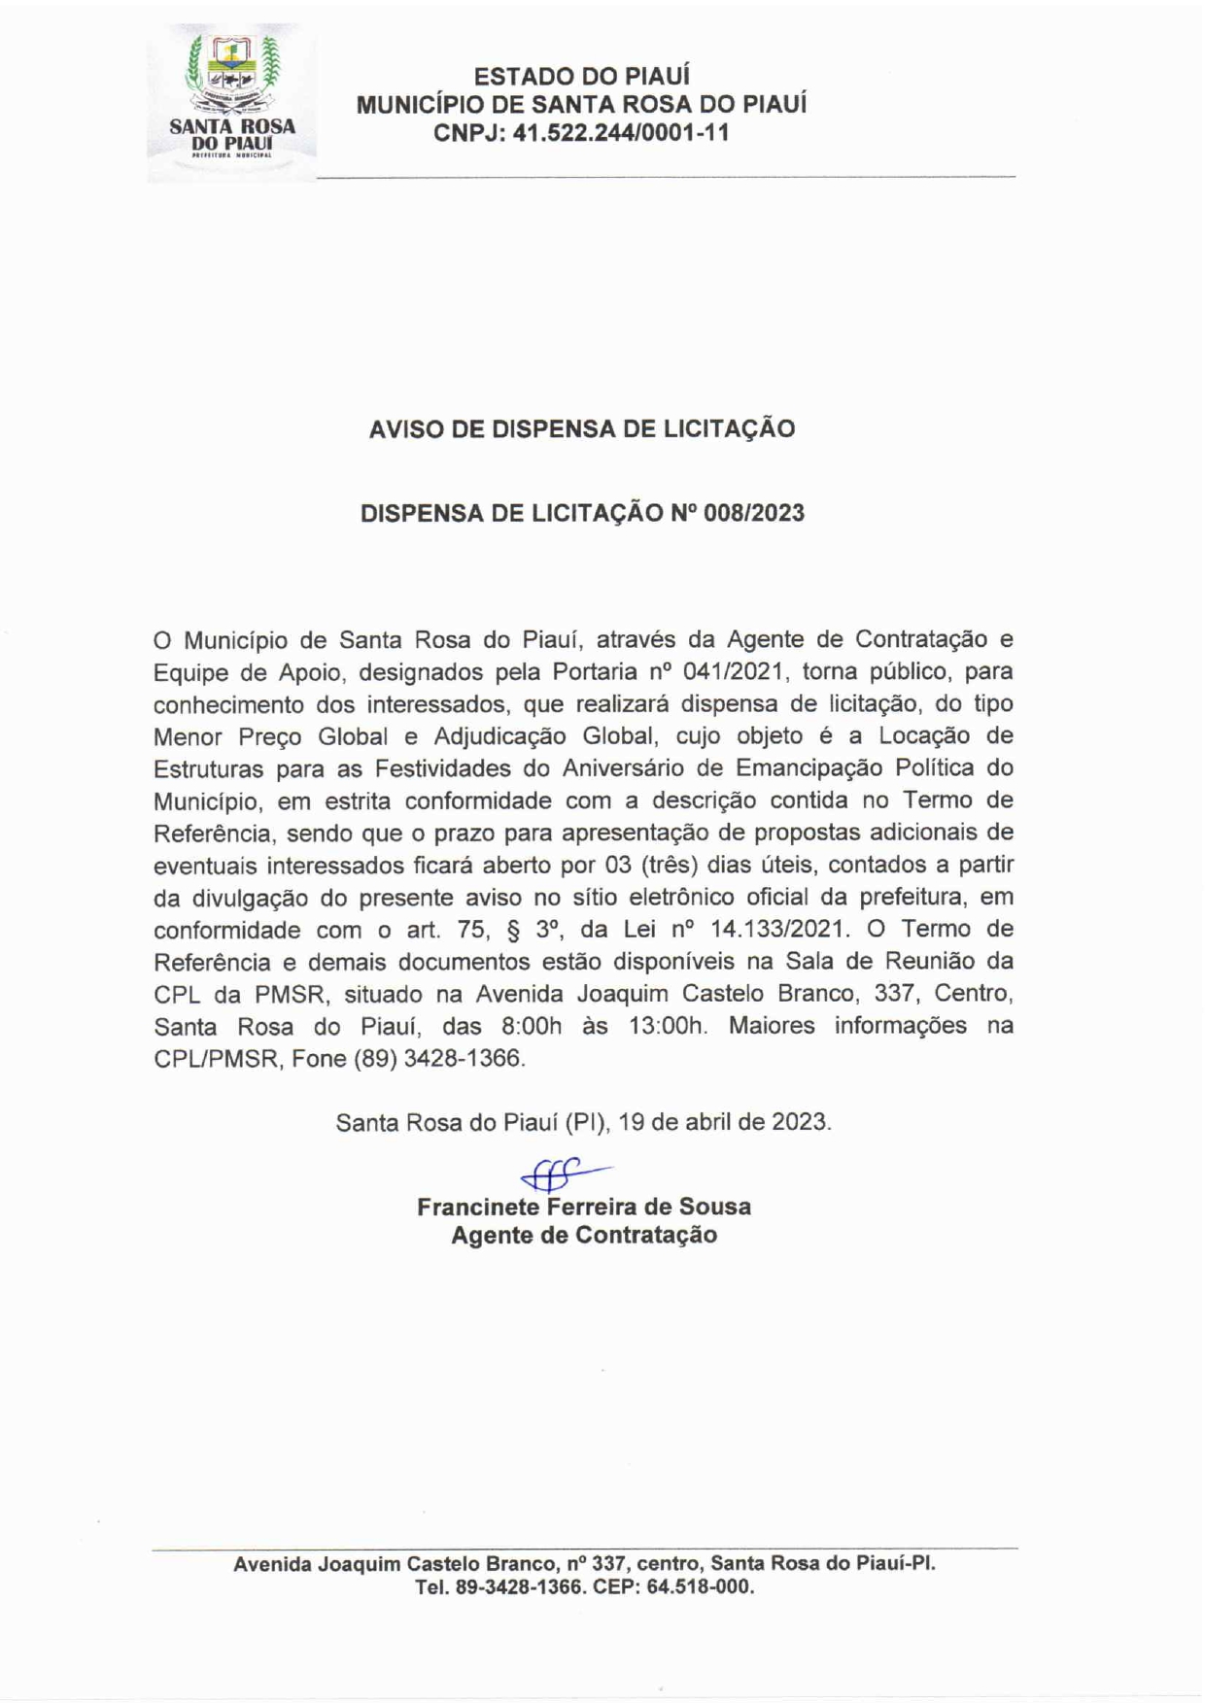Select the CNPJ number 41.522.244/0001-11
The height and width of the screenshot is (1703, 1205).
click(x=621, y=133)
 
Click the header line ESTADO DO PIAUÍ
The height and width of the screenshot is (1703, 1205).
click(x=581, y=76)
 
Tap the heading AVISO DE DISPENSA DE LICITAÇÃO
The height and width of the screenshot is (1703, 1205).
click(x=581, y=428)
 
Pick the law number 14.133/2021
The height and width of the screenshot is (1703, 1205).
click(x=779, y=929)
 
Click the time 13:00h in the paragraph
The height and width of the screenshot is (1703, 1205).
click(x=669, y=1026)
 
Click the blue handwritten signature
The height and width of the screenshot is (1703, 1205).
click(x=562, y=1175)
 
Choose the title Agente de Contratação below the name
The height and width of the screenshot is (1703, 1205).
click(x=584, y=1236)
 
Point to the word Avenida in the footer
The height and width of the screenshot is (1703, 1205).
click(x=273, y=1564)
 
